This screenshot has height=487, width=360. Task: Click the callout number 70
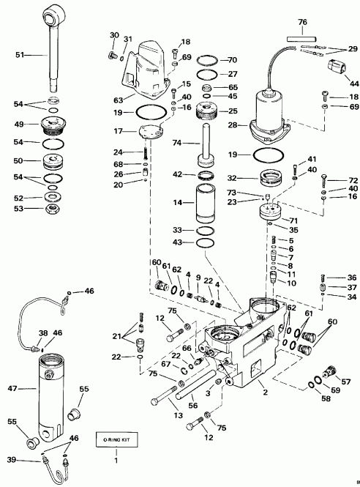pyautogui.click(x=232, y=59)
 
